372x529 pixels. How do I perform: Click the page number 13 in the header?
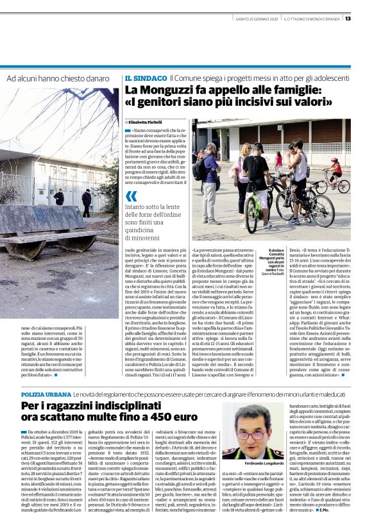click(x=365, y=18)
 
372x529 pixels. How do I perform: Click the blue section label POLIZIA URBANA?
click(x=46, y=374)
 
